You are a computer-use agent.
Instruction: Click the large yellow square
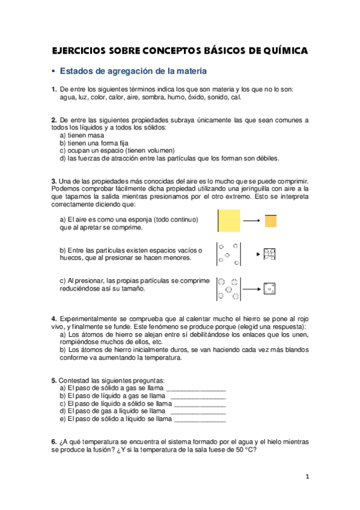(229, 221)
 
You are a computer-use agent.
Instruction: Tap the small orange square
(270, 221)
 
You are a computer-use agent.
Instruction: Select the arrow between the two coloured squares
(251, 221)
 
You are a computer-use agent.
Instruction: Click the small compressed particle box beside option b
(269, 254)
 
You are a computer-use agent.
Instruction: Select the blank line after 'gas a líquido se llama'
(198, 411)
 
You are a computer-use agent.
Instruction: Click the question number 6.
(54, 442)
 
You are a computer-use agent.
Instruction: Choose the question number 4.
(54, 318)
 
